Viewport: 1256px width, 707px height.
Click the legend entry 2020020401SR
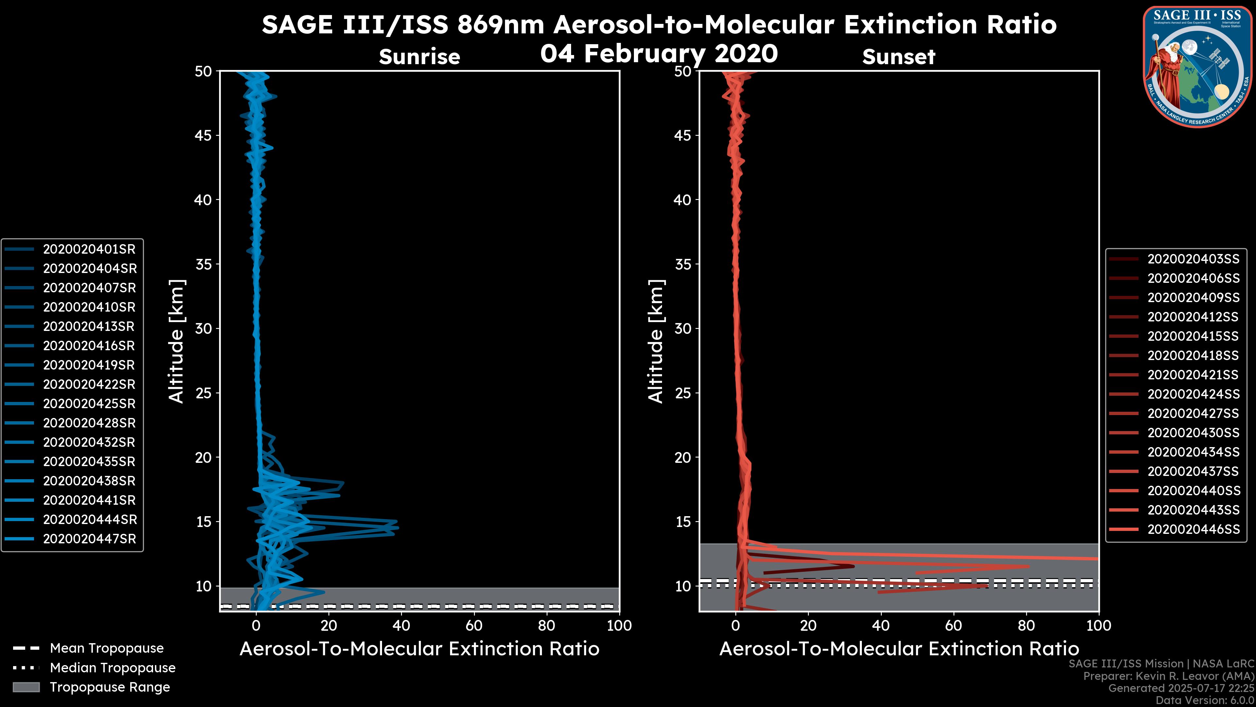[x=89, y=249]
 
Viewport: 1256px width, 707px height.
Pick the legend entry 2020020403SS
[x=1193, y=259]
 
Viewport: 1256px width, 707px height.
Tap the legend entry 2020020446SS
[x=1193, y=529]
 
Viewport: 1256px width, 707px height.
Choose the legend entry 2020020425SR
[x=89, y=404]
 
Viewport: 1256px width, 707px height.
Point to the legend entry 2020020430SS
[x=1193, y=433]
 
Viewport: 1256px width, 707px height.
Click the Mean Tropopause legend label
[x=107, y=648]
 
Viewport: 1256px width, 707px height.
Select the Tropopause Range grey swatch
[x=26, y=687]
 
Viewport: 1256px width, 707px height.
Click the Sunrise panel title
[x=419, y=57]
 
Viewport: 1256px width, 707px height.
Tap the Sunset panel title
[x=898, y=57]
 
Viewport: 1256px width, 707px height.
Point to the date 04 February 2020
[x=659, y=53]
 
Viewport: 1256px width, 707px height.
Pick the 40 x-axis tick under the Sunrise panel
[x=401, y=625]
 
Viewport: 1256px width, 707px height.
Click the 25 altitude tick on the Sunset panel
[x=683, y=393]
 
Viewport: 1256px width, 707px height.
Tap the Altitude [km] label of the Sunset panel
[x=656, y=341]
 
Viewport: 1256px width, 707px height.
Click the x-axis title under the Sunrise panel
[x=419, y=649]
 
